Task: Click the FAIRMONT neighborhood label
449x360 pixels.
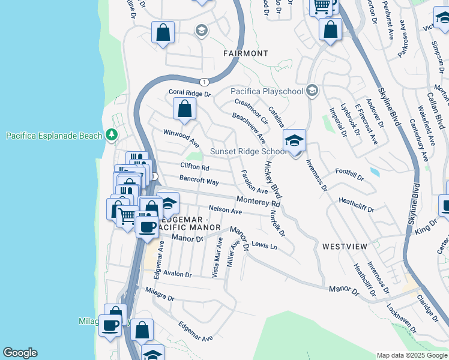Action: pos(246,53)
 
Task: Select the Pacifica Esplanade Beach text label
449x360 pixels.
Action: pos(54,136)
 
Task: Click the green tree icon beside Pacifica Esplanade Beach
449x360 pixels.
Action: pos(111,135)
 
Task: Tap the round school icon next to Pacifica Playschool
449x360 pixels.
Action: pos(312,91)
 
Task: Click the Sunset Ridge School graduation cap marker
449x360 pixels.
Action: pos(294,142)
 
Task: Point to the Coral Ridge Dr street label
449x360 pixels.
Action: pos(190,94)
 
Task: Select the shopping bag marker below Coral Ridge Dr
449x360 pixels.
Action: pos(184,109)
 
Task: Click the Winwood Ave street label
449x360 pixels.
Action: pos(181,137)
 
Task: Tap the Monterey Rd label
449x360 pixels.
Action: pos(258,201)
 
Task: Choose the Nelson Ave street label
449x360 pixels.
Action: pos(225,211)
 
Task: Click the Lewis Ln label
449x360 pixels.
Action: pos(265,245)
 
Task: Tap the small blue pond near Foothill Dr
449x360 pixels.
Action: pos(375,172)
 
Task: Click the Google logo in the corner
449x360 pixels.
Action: pos(20,353)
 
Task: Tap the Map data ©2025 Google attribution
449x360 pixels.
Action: pos(411,355)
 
